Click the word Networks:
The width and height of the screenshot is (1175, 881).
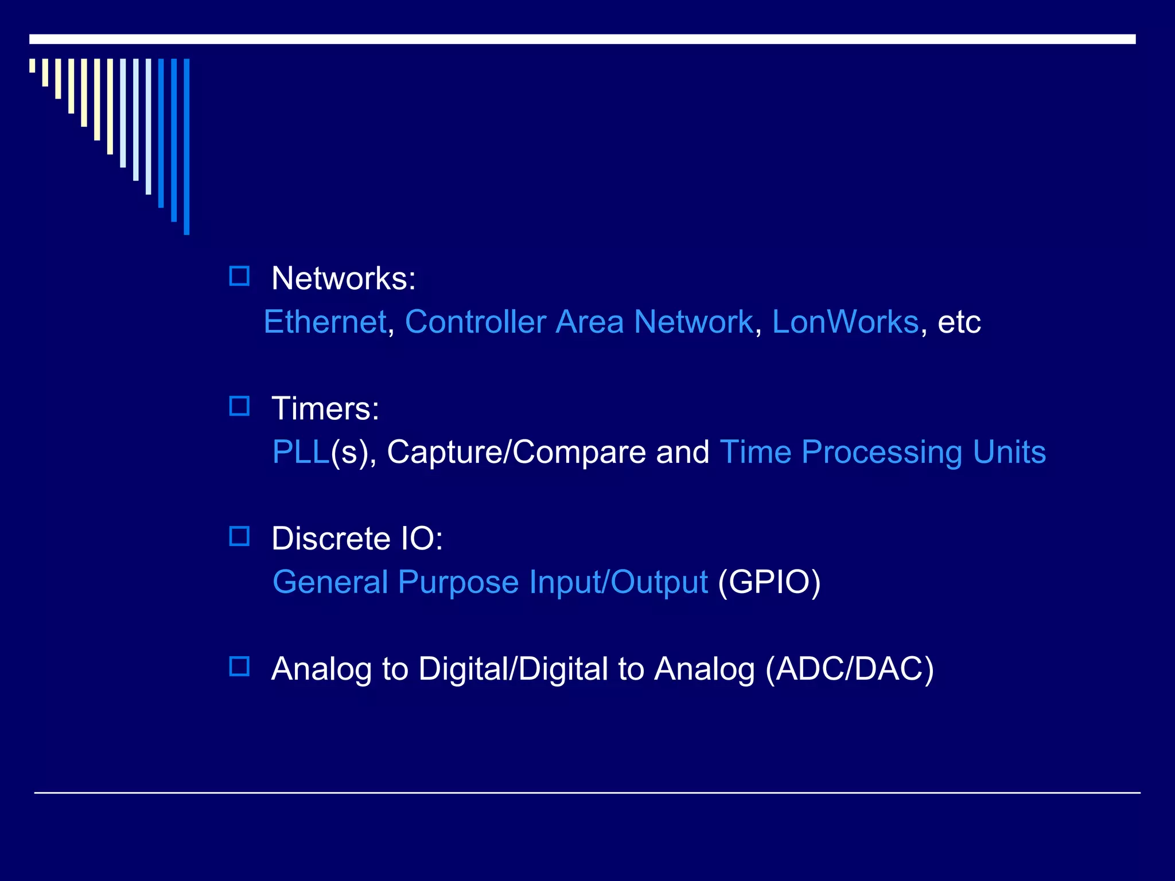point(343,279)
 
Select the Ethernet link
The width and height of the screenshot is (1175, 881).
point(325,322)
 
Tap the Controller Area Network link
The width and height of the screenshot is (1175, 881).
point(578,322)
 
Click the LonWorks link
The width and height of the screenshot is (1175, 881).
point(845,322)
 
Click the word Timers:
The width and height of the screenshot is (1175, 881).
point(325,409)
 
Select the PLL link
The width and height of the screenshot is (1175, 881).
point(301,452)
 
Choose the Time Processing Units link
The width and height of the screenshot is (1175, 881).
point(882,453)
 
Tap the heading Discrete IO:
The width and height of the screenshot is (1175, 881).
point(357,539)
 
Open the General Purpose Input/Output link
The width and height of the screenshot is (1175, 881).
point(490,583)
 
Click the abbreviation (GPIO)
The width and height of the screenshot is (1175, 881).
point(769,583)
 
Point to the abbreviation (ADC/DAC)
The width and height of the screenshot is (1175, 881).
point(850,669)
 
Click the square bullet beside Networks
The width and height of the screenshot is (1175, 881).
point(239,276)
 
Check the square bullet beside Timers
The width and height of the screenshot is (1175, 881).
point(239,407)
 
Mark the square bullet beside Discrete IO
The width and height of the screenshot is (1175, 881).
point(239,537)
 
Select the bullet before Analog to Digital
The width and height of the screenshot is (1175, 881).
point(239,666)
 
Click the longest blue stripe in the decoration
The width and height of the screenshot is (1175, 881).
point(186,146)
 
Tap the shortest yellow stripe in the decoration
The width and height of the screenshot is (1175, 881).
point(32,65)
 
